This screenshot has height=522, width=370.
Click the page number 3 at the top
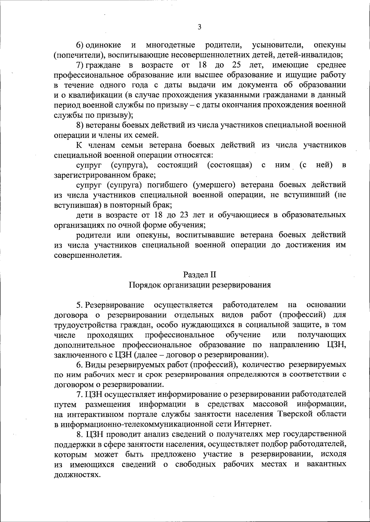(x=199, y=27)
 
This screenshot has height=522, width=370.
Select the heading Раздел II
(x=200, y=275)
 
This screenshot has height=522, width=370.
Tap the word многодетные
(x=171, y=45)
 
